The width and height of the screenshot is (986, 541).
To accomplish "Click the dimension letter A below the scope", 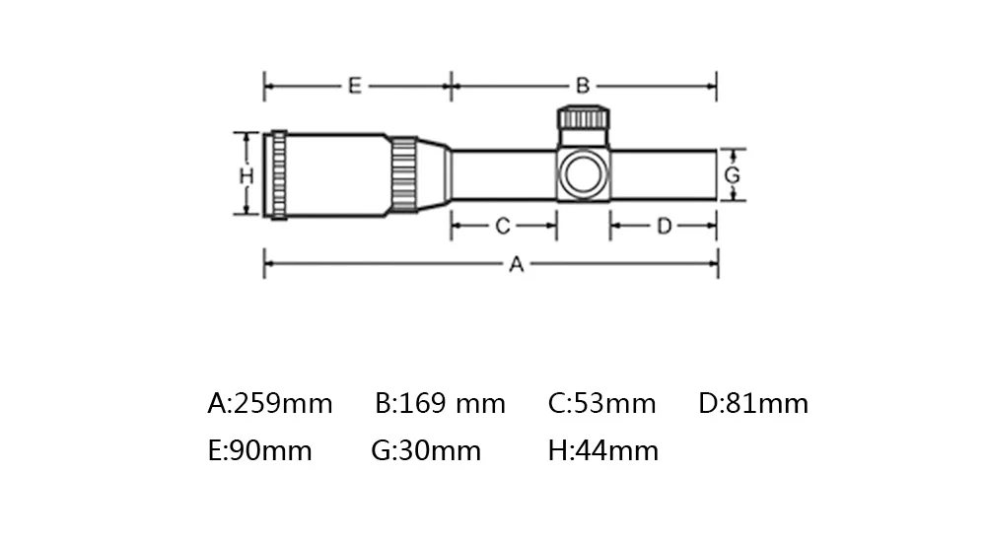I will [515, 264].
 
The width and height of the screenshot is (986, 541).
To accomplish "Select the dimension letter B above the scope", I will [583, 86].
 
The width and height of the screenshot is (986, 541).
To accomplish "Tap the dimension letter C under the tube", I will [502, 227].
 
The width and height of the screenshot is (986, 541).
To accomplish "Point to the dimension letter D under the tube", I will [664, 227].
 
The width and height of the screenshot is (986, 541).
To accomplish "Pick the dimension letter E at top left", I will [354, 86].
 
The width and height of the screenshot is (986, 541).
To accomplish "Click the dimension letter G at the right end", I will [732, 175].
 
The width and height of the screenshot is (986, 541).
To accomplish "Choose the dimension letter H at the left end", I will [246, 175].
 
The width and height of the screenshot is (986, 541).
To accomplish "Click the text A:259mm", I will [270, 404].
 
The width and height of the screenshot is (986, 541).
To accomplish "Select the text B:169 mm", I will [441, 404].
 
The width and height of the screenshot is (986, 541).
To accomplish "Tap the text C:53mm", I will [601, 404].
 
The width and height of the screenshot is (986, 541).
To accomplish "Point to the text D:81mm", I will [753, 404].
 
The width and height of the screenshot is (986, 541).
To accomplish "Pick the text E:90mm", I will [259, 451].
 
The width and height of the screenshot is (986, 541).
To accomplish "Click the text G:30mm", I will [426, 451].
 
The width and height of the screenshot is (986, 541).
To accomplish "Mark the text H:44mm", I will [602, 451].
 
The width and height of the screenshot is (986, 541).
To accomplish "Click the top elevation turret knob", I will [584, 118].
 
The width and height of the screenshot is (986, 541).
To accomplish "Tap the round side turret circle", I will [583, 174].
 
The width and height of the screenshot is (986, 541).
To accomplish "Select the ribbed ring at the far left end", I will [279, 174].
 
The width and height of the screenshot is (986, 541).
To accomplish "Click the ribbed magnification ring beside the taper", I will [403, 174].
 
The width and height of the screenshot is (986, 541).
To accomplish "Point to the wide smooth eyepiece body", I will [338, 174].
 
